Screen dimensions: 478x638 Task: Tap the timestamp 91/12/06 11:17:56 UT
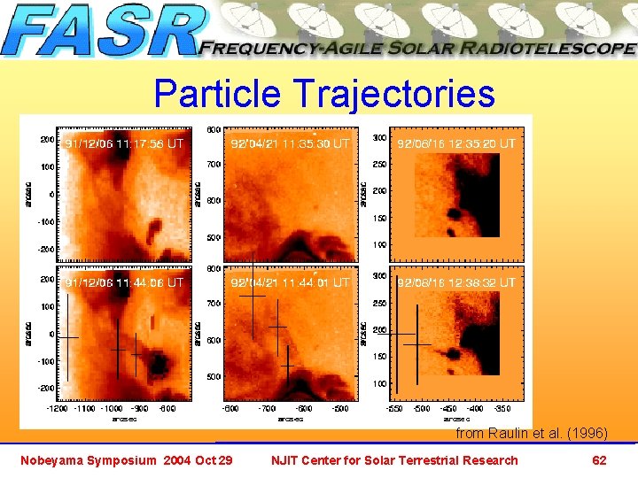click(x=125, y=142)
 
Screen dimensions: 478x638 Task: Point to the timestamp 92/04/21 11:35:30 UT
click(x=290, y=143)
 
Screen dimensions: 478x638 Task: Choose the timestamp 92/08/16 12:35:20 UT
click(x=455, y=143)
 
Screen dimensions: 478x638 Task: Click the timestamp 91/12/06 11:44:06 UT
click(x=125, y=282)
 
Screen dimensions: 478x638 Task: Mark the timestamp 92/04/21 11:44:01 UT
click(x=290, y=282)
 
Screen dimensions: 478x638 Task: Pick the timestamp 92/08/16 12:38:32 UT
click(x=455, y=282)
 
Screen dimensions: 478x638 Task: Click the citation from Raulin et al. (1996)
click(x=531, y=434)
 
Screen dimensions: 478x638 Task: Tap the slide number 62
click(x=599, y=460)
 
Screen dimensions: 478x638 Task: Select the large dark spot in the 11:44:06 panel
click(x=160, y=363)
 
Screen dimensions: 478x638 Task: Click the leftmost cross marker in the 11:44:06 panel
click(x=67, y=338)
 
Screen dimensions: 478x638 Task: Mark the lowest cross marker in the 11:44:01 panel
click(x=287, y=365)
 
